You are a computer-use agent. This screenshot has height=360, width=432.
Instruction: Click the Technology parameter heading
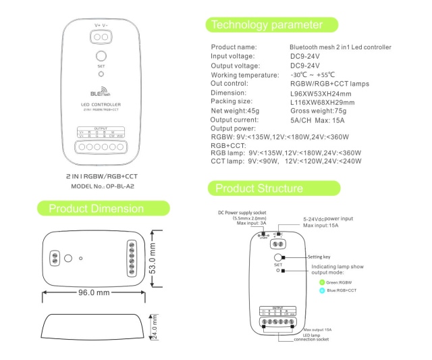coord(266,25)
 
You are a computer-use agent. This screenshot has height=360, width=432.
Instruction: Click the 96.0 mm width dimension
coord(94,293)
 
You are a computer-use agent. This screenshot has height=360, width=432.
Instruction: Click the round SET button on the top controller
coord(101,56)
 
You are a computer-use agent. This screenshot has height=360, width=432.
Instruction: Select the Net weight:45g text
coord(235,110)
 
